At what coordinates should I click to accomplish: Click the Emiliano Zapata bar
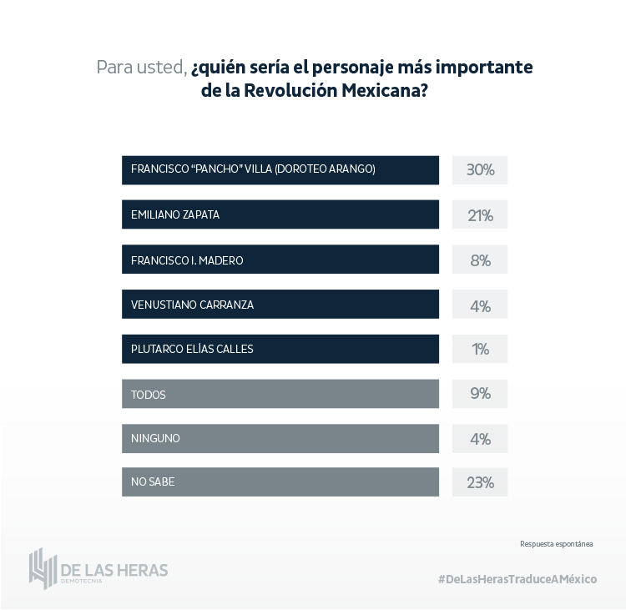(x=280, y=214)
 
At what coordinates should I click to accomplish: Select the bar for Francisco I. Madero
(x=280, y=260)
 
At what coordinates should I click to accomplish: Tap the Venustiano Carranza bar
(x=280, y=305)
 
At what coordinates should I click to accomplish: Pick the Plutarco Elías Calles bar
(x=280, y=349)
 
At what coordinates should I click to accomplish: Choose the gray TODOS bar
(x=280, y=394)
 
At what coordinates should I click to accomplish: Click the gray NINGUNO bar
(x=280, y=438)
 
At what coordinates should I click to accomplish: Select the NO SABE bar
(x=280, y=481)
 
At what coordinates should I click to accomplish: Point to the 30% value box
(x=480, y=170)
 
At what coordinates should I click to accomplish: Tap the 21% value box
(x=480, y=215)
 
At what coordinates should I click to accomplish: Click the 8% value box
(x=480, y=260)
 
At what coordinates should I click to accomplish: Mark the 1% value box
(x=480, y=350)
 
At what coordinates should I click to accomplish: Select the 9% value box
(x=480, y=394)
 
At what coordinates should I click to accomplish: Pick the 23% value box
(x=480, y=482)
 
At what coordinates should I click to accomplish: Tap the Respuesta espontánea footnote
(x=556, y=543)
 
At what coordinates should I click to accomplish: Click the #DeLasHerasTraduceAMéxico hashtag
(x=517, y=579)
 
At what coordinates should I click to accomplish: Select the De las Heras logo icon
(x=42, y=568)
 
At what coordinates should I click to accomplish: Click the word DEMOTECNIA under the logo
(x=82, y=581)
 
